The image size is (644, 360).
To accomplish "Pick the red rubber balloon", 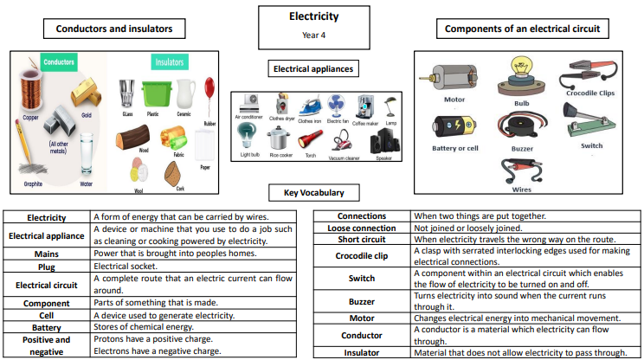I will [x=209, y=89].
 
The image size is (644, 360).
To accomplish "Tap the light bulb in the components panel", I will [x=522, y=74].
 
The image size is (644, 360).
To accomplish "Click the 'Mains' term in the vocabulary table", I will [x=47, y=253].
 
